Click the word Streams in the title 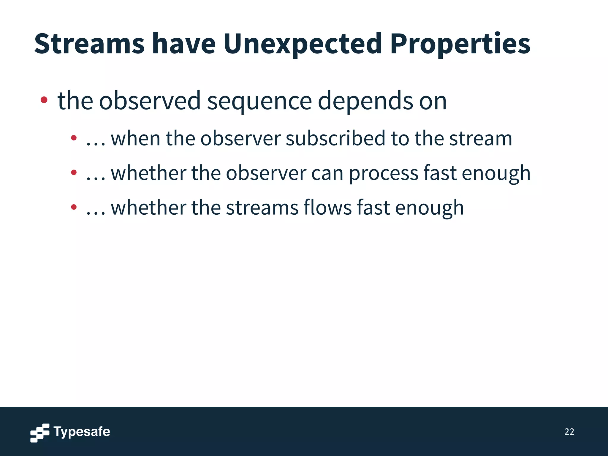[x=89, y=44]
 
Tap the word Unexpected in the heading [x=302, y=44]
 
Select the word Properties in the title [x=460, y=44]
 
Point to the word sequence [x=259, y=101]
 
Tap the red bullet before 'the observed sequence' [x=44, y=100]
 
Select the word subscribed [x=335, y=138]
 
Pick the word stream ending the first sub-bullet [x=481, y=138]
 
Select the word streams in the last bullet [x=262, y=208]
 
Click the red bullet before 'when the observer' [x=74, y=138]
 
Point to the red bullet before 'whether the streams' [x=74, y=207]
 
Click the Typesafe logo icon [x=40, y=433]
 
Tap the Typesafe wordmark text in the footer [x=82, y=432]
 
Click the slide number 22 [x=569, y=432]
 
